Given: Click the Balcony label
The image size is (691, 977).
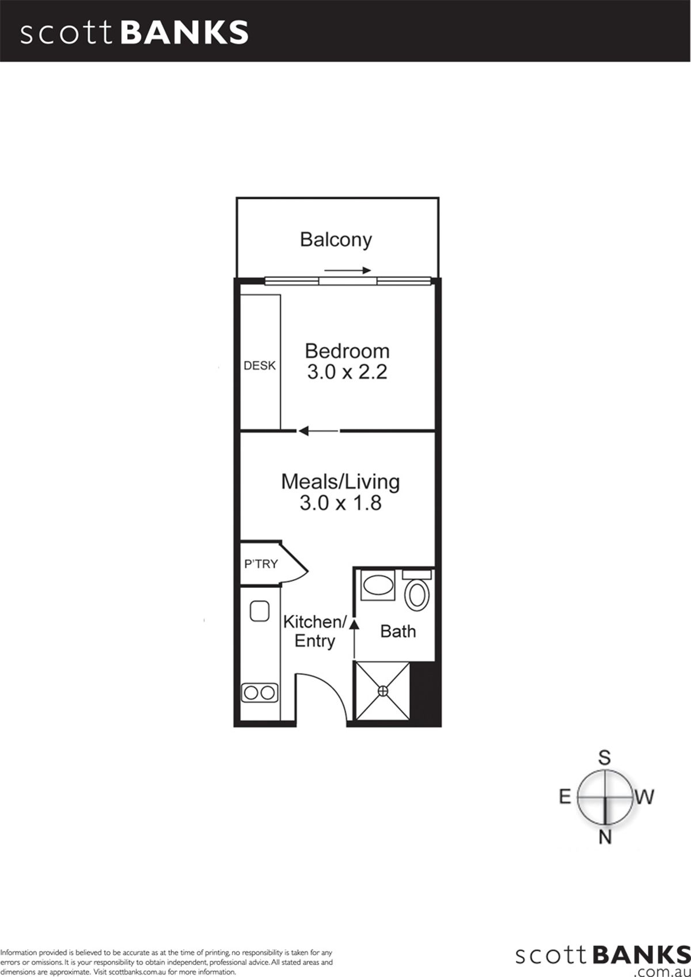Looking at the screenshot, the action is click(336, 240).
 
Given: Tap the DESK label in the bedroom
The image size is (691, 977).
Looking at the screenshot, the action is click(260, 366).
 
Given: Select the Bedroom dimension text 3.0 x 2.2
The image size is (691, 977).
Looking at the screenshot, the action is click(347, 372).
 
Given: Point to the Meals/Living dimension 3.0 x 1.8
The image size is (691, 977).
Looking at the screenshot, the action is click(341, 503).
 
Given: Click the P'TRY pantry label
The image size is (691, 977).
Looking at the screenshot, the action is click(261, 564).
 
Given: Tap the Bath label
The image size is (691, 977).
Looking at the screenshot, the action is click(398, 631).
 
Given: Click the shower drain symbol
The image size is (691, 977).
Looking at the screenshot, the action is click(383, 691).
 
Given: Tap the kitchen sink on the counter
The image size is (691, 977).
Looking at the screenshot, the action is click(259, 611).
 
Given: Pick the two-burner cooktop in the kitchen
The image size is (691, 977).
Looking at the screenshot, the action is click(260, 693).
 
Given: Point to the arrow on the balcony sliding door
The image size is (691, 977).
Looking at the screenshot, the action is click(348, 271).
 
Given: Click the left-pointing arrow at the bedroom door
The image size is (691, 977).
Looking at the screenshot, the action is click(318, 431).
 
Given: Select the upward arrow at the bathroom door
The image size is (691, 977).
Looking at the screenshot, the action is click(354, 638).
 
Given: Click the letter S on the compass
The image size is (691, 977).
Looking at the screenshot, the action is click(604, 758).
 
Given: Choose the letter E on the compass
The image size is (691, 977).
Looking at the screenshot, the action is click(565, 797).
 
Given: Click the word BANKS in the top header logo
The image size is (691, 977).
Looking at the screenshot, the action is click(184, 33).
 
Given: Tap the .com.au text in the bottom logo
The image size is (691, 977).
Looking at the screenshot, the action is click(662, 971).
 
